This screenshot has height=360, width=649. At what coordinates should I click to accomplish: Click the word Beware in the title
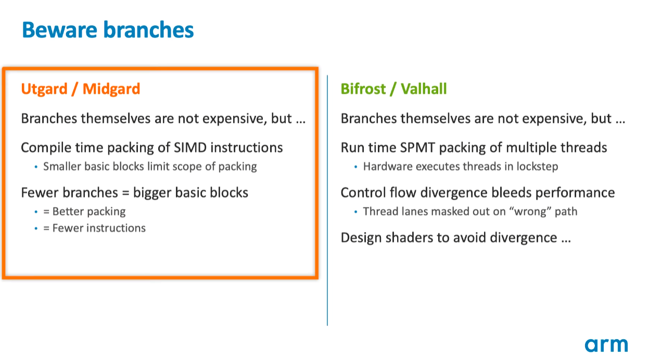pos(59,30)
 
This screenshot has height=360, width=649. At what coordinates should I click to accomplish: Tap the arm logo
pos(606,345)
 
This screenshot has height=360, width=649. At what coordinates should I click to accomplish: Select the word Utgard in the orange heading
pos(44,88)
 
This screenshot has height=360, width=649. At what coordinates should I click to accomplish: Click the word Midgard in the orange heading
pos(111,88)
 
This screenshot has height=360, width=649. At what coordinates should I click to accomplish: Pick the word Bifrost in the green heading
pos(363,88)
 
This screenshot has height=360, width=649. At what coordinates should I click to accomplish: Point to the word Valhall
pos(424,88)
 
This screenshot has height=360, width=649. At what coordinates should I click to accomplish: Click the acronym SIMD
pos(190,147)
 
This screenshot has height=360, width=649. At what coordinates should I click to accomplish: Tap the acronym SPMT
pos(417,147)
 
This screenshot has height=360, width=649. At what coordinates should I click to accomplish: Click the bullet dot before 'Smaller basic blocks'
pos(36,167)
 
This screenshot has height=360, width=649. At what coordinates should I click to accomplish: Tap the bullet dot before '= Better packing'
pos(36,212)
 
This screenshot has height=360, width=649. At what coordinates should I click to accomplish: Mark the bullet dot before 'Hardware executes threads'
pos(356,167)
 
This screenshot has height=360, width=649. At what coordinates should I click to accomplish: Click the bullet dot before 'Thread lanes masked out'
pos(356,212)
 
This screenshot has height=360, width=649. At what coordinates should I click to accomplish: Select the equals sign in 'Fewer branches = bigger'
pos(125,193)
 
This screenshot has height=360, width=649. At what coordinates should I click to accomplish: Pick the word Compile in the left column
pos(46,148)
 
